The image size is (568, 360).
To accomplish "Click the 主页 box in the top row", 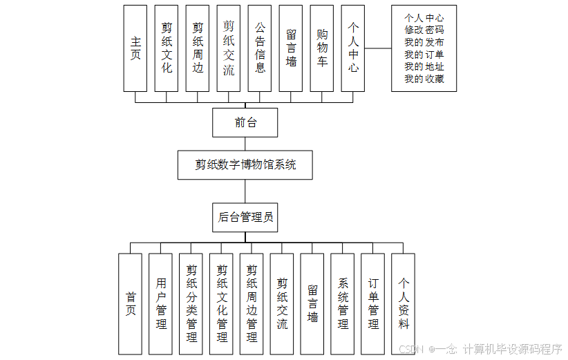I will click(x=135, y=48).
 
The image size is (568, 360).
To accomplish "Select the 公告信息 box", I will click(x=260, y=48).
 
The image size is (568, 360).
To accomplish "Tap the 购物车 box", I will click(x=322, y=48).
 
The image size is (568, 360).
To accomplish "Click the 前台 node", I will click(x=245, y=123).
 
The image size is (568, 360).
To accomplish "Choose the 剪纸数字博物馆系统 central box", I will click(x=245, y=165).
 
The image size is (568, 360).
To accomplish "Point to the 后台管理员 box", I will click(x=245, y=217).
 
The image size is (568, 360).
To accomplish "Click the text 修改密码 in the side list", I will click(x=424, y=30).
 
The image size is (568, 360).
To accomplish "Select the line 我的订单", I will click(x=424, y=55).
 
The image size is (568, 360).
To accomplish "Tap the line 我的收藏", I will click(x=424, y=79).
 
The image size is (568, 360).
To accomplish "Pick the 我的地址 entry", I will click(x=424, y=67).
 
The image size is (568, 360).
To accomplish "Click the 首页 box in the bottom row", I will click(x=130, y=303).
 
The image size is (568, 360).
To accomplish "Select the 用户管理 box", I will click(x=160, y=303).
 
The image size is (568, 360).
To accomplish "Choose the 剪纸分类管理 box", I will click(x=191, y=303).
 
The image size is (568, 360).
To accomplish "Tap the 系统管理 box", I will click(x=343, y=303).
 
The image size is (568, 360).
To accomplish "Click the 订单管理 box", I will click(x=373, y=303).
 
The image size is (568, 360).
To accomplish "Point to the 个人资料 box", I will click(x=404, y=303).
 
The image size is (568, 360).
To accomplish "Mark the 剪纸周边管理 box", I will click(x=252, y=303).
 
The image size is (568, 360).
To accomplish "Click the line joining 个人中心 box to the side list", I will click(x=378, y=49).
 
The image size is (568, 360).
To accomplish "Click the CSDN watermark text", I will click(x=410, y=349).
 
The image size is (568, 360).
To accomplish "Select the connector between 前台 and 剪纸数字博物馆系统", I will click(x=245, y=144).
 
